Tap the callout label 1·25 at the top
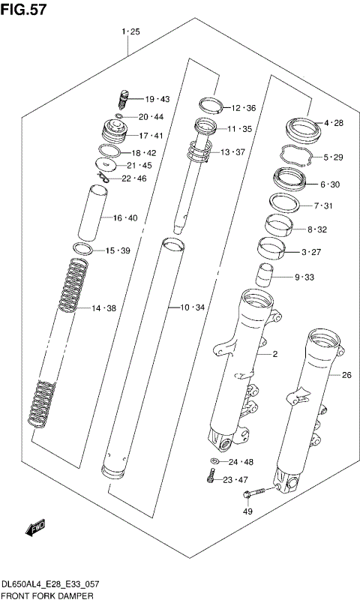tap(130, 31)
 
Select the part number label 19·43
tap(157, 99)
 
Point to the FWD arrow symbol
tap(36, 530)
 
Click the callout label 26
tap(346, 375)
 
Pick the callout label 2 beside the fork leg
tap(274, 354)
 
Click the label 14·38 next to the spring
tap(104, 308)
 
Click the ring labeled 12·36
tap(210, 104)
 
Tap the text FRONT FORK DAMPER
tap(46, 595)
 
